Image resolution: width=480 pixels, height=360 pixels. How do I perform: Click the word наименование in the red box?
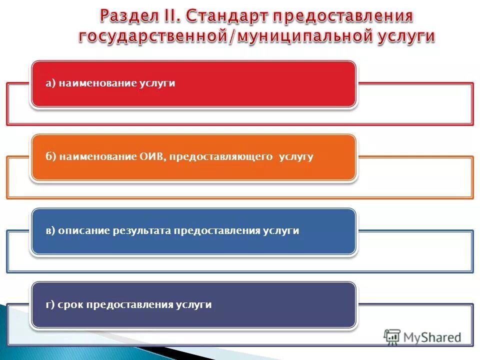(95, 83)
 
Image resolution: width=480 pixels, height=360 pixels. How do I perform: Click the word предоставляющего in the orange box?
(221, 157)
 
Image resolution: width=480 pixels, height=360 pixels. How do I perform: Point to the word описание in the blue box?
(83, 231)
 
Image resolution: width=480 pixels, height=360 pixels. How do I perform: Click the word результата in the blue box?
(142, 231)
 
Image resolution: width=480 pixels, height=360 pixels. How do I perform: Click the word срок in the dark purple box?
(71, 304)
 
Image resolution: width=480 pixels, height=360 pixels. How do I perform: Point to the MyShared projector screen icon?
(392, 337)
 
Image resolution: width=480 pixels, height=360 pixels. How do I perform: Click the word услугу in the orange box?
(296, 157)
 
